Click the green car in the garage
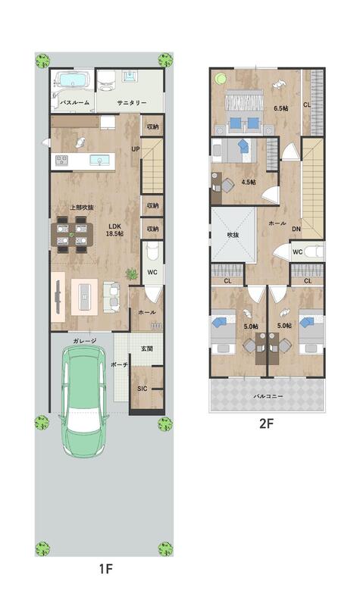pyautogui.click(x=83, y=401)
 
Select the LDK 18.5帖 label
pyautogui.click(x=115, y=230)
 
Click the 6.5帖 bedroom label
pyautogui.click(x=281, y=108)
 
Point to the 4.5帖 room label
pyautogui.click(x=249, y=182)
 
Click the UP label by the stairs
pyautogui.click(x=136, y=148)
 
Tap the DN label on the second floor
pyautogui.click(x=296, y=229)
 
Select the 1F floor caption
pyautogui.click(x=105, y=569)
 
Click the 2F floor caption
pyautogui.click(x=267, y=423)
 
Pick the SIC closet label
pyautogui.click(x=142, y=389)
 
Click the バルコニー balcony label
pyautogui.click(x=268, y=396)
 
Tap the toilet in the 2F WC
pyautogui.click(x=313, y=252)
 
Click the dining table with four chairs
pyautogui.click(x=72, y=235)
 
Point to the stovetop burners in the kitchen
pyautogui.click(x=61, y=160)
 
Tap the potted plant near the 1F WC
pyautogui.click(x=132, y=274)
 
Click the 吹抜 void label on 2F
pyautogui.click(x=233, y=235)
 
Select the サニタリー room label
pyautogui.click(x=132, y=103)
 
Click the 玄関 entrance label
pyautogui.click(x=147, y=348)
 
